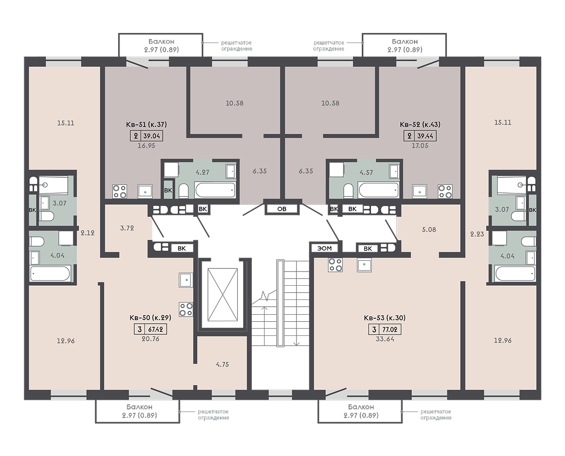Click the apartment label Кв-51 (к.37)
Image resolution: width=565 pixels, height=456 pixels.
[146, 125]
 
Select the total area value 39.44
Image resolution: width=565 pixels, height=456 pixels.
[425, 136]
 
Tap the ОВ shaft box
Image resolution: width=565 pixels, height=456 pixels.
[282, 209]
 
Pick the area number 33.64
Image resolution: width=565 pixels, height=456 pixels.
[385, 339]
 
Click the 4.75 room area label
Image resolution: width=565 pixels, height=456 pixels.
[222, 364]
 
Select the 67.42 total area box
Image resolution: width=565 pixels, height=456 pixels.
[156, 329]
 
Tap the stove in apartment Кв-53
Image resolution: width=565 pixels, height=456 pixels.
[335, 265]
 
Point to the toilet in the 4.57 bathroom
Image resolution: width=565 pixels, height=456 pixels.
[348, 191]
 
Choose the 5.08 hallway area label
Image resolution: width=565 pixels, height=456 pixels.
[429, 230]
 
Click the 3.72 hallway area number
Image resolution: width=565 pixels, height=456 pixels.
[127, 228]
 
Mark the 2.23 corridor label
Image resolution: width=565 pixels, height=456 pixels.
[477, 234]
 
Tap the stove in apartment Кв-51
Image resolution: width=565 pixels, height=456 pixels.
[120, 191]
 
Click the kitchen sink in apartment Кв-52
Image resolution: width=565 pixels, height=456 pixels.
[420, 192]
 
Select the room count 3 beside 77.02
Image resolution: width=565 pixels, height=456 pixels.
[374, 329]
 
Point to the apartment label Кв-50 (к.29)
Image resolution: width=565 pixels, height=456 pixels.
[150, 318]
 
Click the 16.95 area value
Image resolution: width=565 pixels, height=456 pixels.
[146, 146]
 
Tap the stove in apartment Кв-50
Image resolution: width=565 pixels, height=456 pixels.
[186, 310]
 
